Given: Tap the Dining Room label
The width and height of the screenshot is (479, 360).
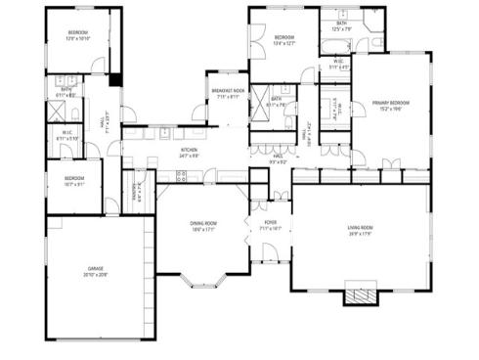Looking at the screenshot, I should coord(203,224).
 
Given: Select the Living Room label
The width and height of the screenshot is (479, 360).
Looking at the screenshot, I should coord(360,229).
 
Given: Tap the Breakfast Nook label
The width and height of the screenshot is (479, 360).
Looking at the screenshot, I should coord(228,91).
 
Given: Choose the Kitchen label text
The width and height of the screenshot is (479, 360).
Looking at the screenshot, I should coord(189,150).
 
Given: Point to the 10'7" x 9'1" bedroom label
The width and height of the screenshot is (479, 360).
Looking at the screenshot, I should coord(73,177).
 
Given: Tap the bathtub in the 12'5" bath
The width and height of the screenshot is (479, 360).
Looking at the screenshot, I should coord(346,44).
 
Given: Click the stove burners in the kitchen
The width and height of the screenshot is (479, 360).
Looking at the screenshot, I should coord(181,176).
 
